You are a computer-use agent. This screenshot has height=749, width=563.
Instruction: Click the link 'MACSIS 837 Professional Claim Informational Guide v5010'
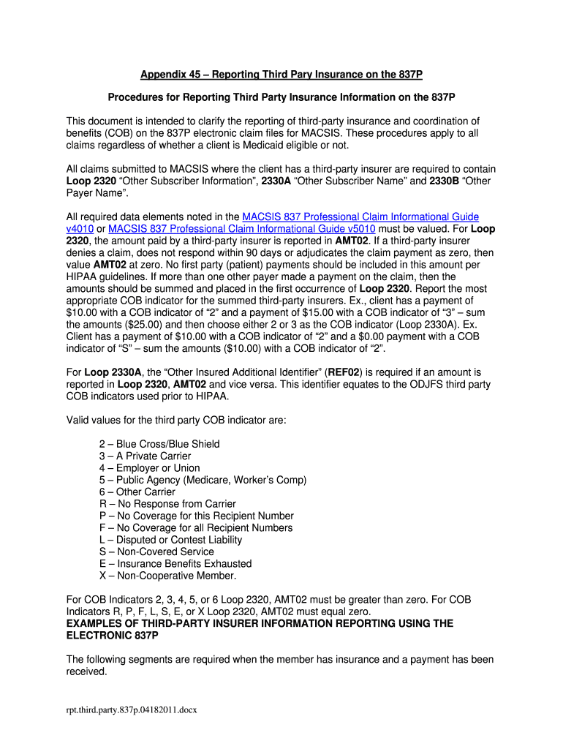(241, 228)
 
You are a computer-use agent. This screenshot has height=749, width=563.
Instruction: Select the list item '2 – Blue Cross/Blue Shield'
(159, 444)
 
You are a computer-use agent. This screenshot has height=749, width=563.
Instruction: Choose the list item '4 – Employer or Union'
(149, 468)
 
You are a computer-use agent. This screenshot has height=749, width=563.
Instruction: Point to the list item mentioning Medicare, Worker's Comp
(203, 480)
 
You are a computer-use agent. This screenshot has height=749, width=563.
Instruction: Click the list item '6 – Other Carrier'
(137, 492)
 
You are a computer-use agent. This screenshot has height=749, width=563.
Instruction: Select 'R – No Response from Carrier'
(167, 504)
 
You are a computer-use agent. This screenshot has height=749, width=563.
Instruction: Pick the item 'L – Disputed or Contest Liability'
(170, 540)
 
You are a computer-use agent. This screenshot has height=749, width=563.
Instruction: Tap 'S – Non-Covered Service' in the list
(156, 552)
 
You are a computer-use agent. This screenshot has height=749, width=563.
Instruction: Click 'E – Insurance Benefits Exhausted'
(175, 564)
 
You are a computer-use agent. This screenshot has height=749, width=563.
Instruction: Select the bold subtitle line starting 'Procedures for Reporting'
(281, 97)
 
